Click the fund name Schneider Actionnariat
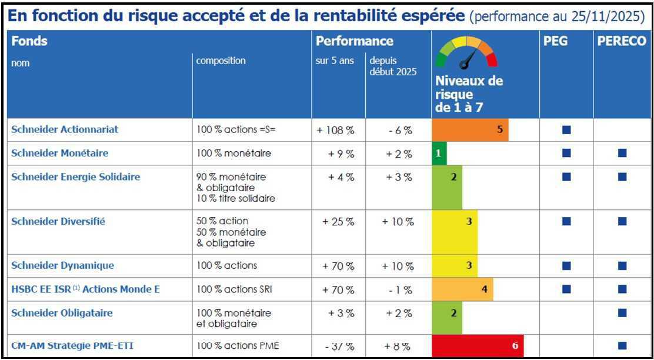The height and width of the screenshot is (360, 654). (x=65, y=130)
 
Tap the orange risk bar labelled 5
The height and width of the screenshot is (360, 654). (x=470, y=130)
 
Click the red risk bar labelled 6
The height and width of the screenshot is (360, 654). (x=477, y=346)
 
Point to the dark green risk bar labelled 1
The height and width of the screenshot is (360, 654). (x=439, y=154)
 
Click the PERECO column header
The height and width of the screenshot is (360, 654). (x=622, y=42)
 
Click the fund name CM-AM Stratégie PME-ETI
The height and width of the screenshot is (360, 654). (x=72, y=346)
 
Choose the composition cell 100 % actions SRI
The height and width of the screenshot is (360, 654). (x=235, y=289)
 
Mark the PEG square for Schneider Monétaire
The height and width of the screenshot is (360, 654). (x=566, y=154)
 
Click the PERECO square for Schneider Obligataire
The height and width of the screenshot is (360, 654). (x=622, y=313)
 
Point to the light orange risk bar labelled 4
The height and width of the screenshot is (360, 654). (x=462, y=289)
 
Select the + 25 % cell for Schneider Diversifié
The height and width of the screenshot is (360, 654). (x=338, y=222)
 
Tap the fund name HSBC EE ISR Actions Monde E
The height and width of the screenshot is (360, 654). (x=85, y=289)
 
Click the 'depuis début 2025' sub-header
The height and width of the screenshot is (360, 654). (x=392, y=66)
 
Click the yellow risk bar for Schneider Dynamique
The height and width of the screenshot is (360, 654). (x=455, y=265)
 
